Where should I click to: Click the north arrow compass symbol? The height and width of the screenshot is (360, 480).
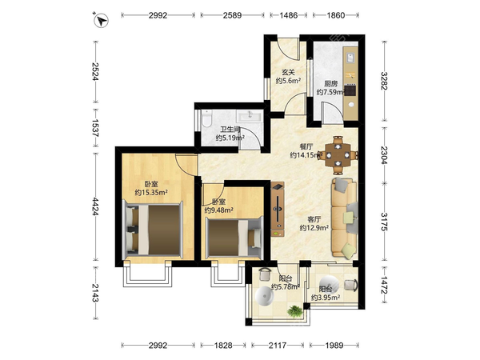pyautogui.click(x=101, y=20)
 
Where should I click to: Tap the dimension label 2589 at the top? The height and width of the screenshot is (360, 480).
pyautogui.click(x=232, y=15)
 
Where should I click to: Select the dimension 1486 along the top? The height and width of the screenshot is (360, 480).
pyautogui.click(x=288, y=15)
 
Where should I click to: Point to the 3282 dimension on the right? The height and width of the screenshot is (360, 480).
pyautogui.click(x=385, y=81)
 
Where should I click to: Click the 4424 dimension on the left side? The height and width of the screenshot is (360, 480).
pyautogui.click(x=95, y=206)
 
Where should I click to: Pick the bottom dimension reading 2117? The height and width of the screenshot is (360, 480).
pyautogui.click(x=278, y=346)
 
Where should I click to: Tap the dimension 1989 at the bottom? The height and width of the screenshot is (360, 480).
pyautogui.click(x=334, y=346)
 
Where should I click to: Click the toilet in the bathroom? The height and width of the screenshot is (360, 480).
pyautogui.click(x=207, y=118)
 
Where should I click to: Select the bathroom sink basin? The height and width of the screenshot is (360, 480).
pyautogui.click(x=250, y=116)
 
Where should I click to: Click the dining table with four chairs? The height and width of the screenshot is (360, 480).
pyautogui.click(x=338, y=155)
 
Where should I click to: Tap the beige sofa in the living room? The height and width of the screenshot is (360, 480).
pyautogui.click(x=344, y=218)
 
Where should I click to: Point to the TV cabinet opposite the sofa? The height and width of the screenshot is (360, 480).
pyautogui.click(x=278, y=209)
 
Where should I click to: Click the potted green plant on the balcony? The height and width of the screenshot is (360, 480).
pyautogui.click(x=294, y=311)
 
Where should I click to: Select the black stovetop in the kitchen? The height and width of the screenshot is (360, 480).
pyautogui.click(x=350, y=90)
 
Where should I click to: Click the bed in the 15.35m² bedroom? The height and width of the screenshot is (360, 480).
pyautogui.click(x=153, y=230)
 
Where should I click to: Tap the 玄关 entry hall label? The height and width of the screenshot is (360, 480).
pyautogui.click(x=288, y=73)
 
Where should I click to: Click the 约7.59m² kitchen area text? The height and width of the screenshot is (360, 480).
pyautogui.click(x=330, y=92)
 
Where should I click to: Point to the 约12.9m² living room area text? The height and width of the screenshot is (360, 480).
pyautogui.click(x=314, y=228)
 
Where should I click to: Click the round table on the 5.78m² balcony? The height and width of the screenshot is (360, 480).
pyautogui.click(x=264, y=297)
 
